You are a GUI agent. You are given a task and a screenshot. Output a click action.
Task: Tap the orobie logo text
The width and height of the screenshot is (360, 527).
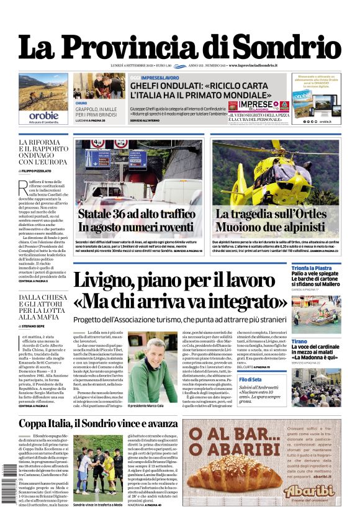[x=43, y=115]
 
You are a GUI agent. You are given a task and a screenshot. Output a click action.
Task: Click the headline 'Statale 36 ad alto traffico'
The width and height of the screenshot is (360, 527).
[x=137, y=214]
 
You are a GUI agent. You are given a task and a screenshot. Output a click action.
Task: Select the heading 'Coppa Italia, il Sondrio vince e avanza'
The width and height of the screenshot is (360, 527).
[x=98, y=424]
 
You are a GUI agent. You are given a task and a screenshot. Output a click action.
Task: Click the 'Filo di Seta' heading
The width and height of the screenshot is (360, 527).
[x=250, y=379]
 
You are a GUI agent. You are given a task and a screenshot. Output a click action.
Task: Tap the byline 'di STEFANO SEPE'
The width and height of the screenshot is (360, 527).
[x=38, y=324]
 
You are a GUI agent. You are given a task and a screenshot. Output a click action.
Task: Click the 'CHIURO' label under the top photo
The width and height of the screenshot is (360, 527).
[x=81, y=103]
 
